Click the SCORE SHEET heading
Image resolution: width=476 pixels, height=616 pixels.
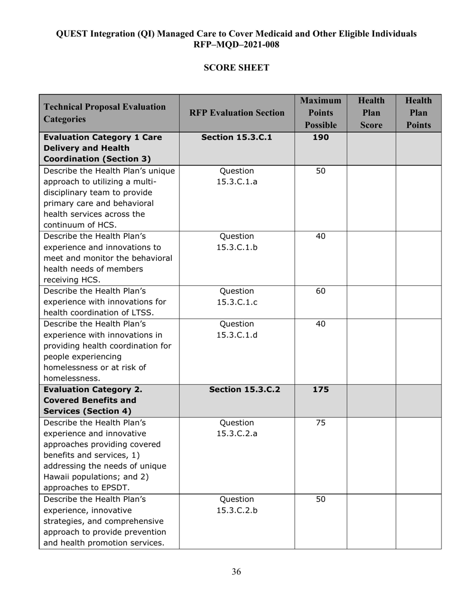point(236,68)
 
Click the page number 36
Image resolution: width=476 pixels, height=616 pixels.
point(236,572)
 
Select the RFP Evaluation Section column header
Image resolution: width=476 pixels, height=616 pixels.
point(236,113)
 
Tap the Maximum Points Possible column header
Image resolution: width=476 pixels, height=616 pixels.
point(321,113)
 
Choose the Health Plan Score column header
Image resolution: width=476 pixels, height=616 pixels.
point(371,113)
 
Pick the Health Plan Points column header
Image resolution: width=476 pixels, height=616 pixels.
point(418,113)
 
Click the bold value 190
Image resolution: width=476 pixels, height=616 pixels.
point(321,137)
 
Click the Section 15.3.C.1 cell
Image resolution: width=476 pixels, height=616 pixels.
point(236,137)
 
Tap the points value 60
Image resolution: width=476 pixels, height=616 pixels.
point(321,291)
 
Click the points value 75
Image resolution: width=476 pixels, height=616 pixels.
point(321,422)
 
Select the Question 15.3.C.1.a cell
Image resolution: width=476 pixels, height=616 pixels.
point(236,176)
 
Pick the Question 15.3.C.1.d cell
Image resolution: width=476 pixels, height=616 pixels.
point(236,329)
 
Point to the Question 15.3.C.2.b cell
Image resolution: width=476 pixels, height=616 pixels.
point(236,505)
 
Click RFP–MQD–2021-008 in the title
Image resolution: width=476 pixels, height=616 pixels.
point(236,45)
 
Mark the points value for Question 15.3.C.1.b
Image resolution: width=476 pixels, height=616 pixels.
point(321,236)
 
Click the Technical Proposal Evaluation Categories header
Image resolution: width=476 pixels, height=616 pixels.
point(105,113)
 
